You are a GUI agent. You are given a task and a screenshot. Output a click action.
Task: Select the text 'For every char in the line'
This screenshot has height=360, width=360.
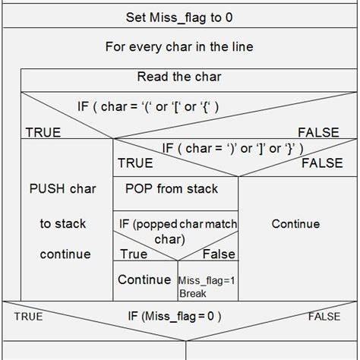[x=179, y=46]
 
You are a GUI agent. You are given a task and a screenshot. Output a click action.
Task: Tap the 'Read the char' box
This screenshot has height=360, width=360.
[x=179, y=77]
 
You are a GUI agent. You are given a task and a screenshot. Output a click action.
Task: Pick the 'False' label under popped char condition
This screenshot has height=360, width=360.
[x=219, y=254]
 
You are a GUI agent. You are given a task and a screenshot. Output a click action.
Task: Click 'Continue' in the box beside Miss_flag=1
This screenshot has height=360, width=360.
[x=144, y=279]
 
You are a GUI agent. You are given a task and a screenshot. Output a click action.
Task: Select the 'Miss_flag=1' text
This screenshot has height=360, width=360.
[x=207, y=280]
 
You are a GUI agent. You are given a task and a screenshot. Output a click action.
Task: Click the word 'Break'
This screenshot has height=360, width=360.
[x=193, y=292]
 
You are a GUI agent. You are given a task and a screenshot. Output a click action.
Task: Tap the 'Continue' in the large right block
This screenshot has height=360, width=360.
[x=295, y=223]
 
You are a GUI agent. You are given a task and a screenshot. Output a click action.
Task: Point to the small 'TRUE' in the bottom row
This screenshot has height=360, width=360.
[x=28, y=315]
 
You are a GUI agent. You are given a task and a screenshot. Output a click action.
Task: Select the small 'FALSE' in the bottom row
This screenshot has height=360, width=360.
[x=324, y=315]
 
